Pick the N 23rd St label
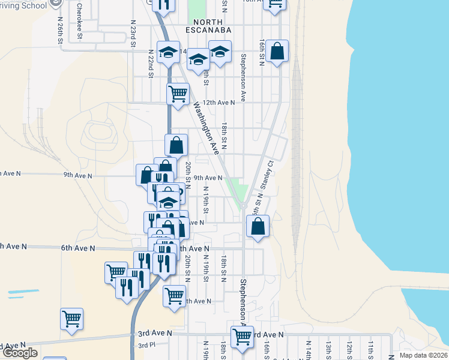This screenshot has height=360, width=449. point(133,34)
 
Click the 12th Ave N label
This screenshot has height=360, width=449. point(218,103)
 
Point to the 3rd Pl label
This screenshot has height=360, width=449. point(146,345)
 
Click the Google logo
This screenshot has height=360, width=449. point(20,353)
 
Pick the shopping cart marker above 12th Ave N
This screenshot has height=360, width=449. point(178,94)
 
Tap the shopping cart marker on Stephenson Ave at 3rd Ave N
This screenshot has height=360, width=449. point(242,337)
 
